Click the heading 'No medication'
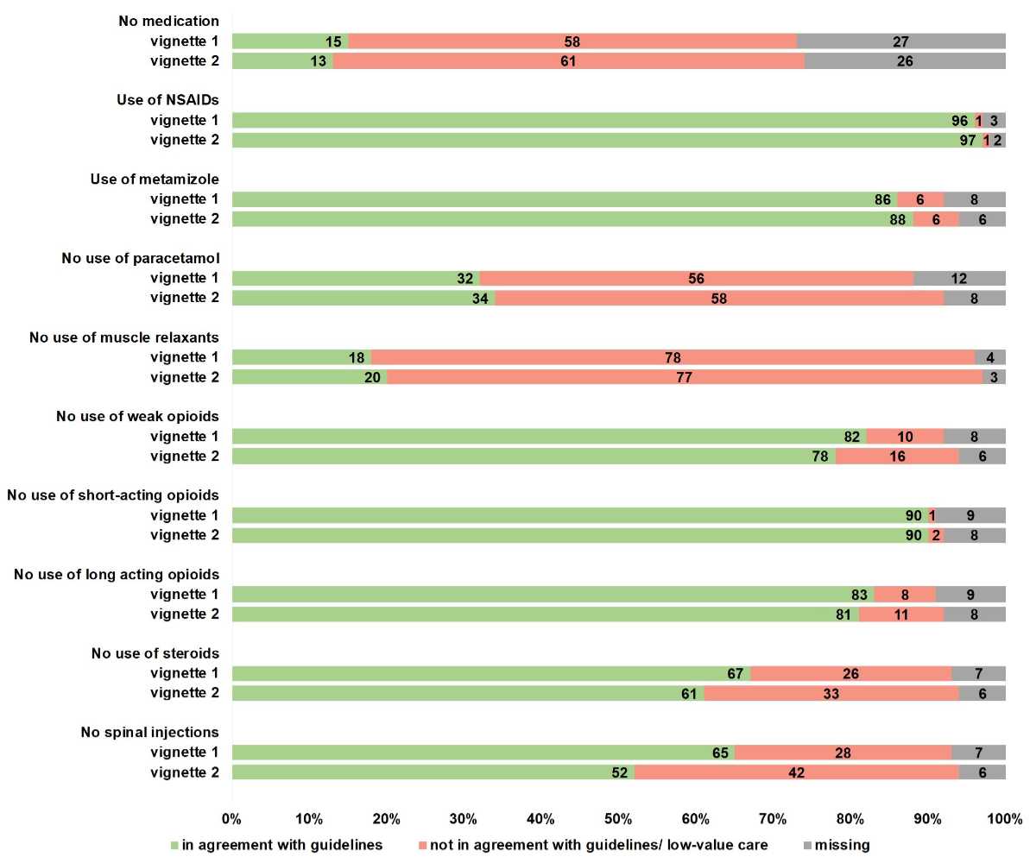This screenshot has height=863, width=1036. pyautogui.click(x=168, y=21)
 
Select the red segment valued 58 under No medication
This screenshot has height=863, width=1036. pyautogui.click(x=572, y=41)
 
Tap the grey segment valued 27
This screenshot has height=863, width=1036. pyautogui.click(x=900, y=41)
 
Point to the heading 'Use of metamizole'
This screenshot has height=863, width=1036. pyautogui.click(x=155, y=179)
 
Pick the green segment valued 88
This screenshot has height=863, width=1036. pyautogui.click(x=572, y=219)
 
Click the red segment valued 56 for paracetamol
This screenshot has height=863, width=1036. pyautogui.click(x=696, y=278)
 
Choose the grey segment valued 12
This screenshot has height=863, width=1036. pyautogui.click(x=959, y=278)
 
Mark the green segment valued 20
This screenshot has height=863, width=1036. pyautogui.click(x=309, y=377)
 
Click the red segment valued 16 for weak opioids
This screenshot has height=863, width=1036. pyautogui.click(x=897, y=456)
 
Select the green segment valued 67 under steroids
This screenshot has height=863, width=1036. pyautogui.click(x=490, y=673)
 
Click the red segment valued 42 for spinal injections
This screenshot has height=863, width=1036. pyautogui.click(x=796, y=772)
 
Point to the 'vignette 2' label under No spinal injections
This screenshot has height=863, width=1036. pyautogui.click(x=185, y=772)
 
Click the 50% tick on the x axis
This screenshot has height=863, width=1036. pyautogui.click(x=618, y=817)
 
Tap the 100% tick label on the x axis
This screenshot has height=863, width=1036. pyautogui.click(x=1005, y=817)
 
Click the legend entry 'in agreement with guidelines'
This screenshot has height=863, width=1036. pyautogui.click(x=276, y=845)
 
